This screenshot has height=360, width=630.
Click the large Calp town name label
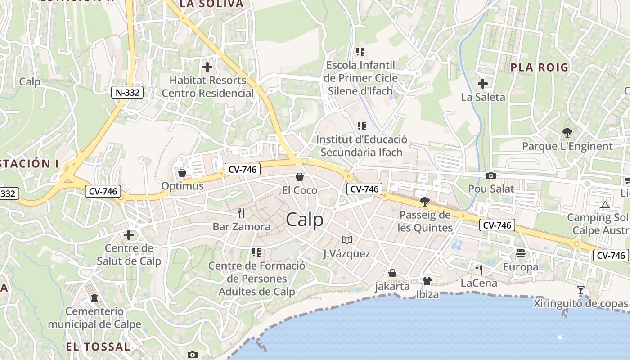coord(305,220)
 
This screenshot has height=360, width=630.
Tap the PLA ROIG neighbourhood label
coord(540,67)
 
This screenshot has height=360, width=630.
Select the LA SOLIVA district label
coord(211,4)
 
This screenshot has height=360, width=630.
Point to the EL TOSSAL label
coord(98,346)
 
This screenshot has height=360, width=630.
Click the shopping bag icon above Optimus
coord(182,173)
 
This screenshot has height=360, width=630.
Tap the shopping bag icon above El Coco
coord(300,177)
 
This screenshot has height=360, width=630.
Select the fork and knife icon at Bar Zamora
coord(241,213)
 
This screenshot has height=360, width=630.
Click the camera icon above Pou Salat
coord(491,175)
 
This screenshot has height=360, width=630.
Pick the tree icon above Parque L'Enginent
coord(567,133)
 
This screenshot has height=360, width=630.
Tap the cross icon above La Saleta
coord(483,84)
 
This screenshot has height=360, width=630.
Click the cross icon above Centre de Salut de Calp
coord(129,234)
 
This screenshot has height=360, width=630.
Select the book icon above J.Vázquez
coord(346,240)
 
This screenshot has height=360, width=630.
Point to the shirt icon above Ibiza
coord(427,281)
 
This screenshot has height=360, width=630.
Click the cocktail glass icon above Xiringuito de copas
coord(581,290)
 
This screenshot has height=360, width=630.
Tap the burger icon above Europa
coord(521,253)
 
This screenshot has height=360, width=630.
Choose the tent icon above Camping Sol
coord(605,205)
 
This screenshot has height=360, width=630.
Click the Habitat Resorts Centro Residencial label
coord(208,87)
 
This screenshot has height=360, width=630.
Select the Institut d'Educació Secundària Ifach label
coord(361,146)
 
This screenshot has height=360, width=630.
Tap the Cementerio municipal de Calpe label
coord(94,318)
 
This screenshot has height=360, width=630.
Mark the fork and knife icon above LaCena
coord(479,269)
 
